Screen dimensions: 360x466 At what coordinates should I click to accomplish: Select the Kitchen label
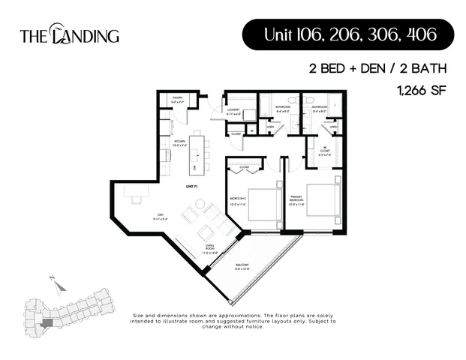click(x=180, y=142)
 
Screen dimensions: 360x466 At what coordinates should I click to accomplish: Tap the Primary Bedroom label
click(x=296, y=202)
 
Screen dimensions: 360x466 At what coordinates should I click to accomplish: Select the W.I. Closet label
click(x=324, y=150)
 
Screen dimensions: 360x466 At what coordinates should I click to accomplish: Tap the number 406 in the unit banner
click(x=415, y=34)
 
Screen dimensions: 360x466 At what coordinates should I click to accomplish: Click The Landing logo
click(x=68, y=34)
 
